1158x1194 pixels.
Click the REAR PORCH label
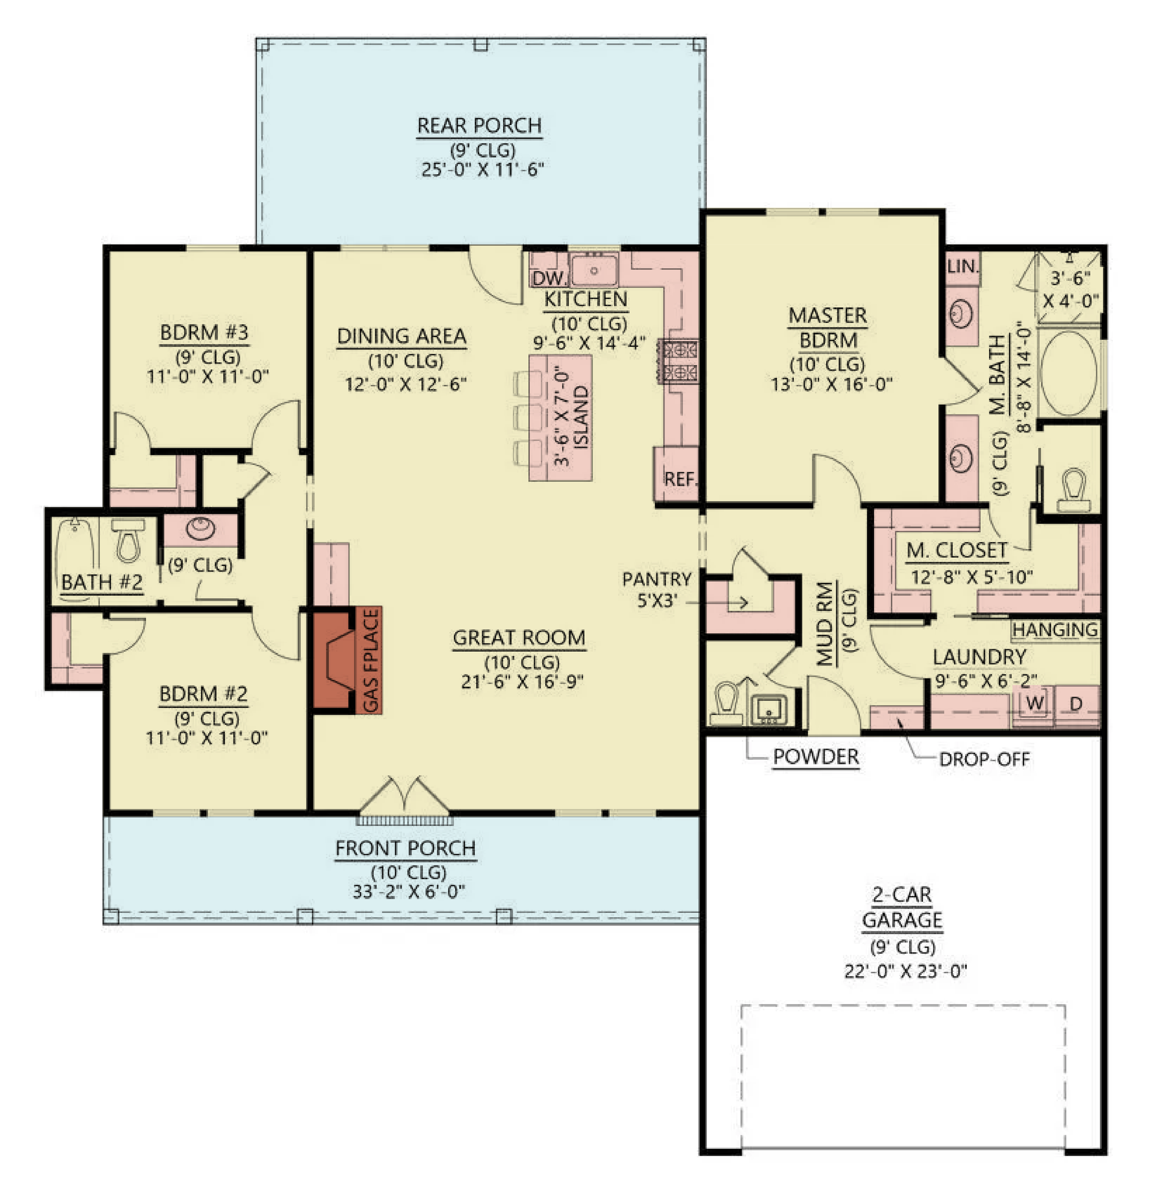pyautogui.click(x=479, y=126)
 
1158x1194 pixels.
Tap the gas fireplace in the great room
pyautogui.click(x=347, y=660)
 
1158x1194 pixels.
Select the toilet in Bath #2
pyautogui.click(x=128, y=540)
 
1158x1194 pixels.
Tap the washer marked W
pyautogui.click(x=1034, y=704)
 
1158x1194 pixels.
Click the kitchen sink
pyautogui.click(x=594, y=270)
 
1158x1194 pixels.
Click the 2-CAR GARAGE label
pyautogui.click(x=902, y=907)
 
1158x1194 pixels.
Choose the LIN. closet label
pyautogui.click(x=963, y=266)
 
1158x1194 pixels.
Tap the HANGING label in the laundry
pyautogui.click(x=1055, y=629)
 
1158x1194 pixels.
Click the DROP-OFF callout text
pyautogui.click(x=984, y=759)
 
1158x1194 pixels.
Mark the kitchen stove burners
pyautogui.click(x=679, y=361)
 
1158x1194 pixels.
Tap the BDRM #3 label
pyautogui.click(x=204, y=332)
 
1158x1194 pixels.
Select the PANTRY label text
pyautogui.click(x=656, y=579)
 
